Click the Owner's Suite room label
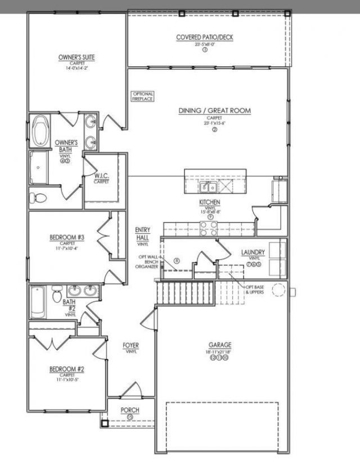tap(76, 57)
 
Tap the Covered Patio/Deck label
tap(205, 38)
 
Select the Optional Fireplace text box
tap(142, 96)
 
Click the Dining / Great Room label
tap(214, 111)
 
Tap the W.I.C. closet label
tap(101, 178)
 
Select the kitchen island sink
tap(205, 187)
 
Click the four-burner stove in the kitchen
tap(209, 227)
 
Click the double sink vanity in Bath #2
tap(83, 291)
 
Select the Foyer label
tap(131, 345)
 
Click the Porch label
tap(130, 410)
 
